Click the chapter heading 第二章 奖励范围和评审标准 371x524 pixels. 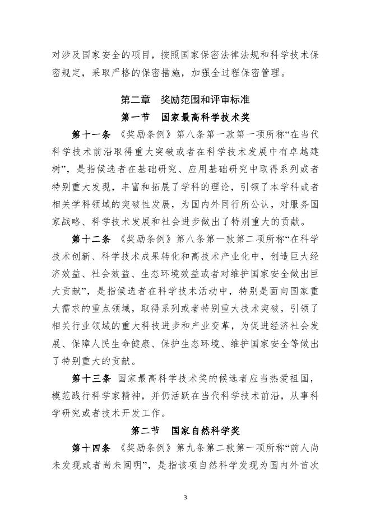[x=186, y=100]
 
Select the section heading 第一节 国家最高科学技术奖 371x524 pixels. [x=186, y=118]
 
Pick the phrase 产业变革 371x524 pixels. [x=230, y=327]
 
